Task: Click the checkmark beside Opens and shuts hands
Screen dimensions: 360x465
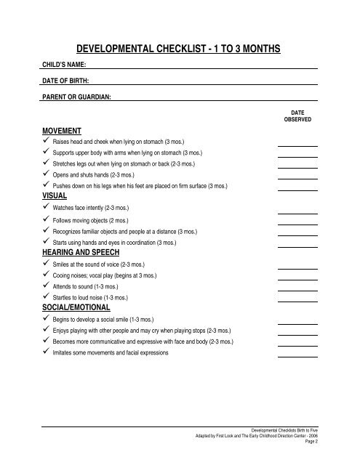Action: click(x=47, y=175)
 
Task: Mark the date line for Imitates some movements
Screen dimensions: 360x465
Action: click(x=297, y=356)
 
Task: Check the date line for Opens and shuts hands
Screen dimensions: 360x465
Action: click(x=297, y=179)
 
